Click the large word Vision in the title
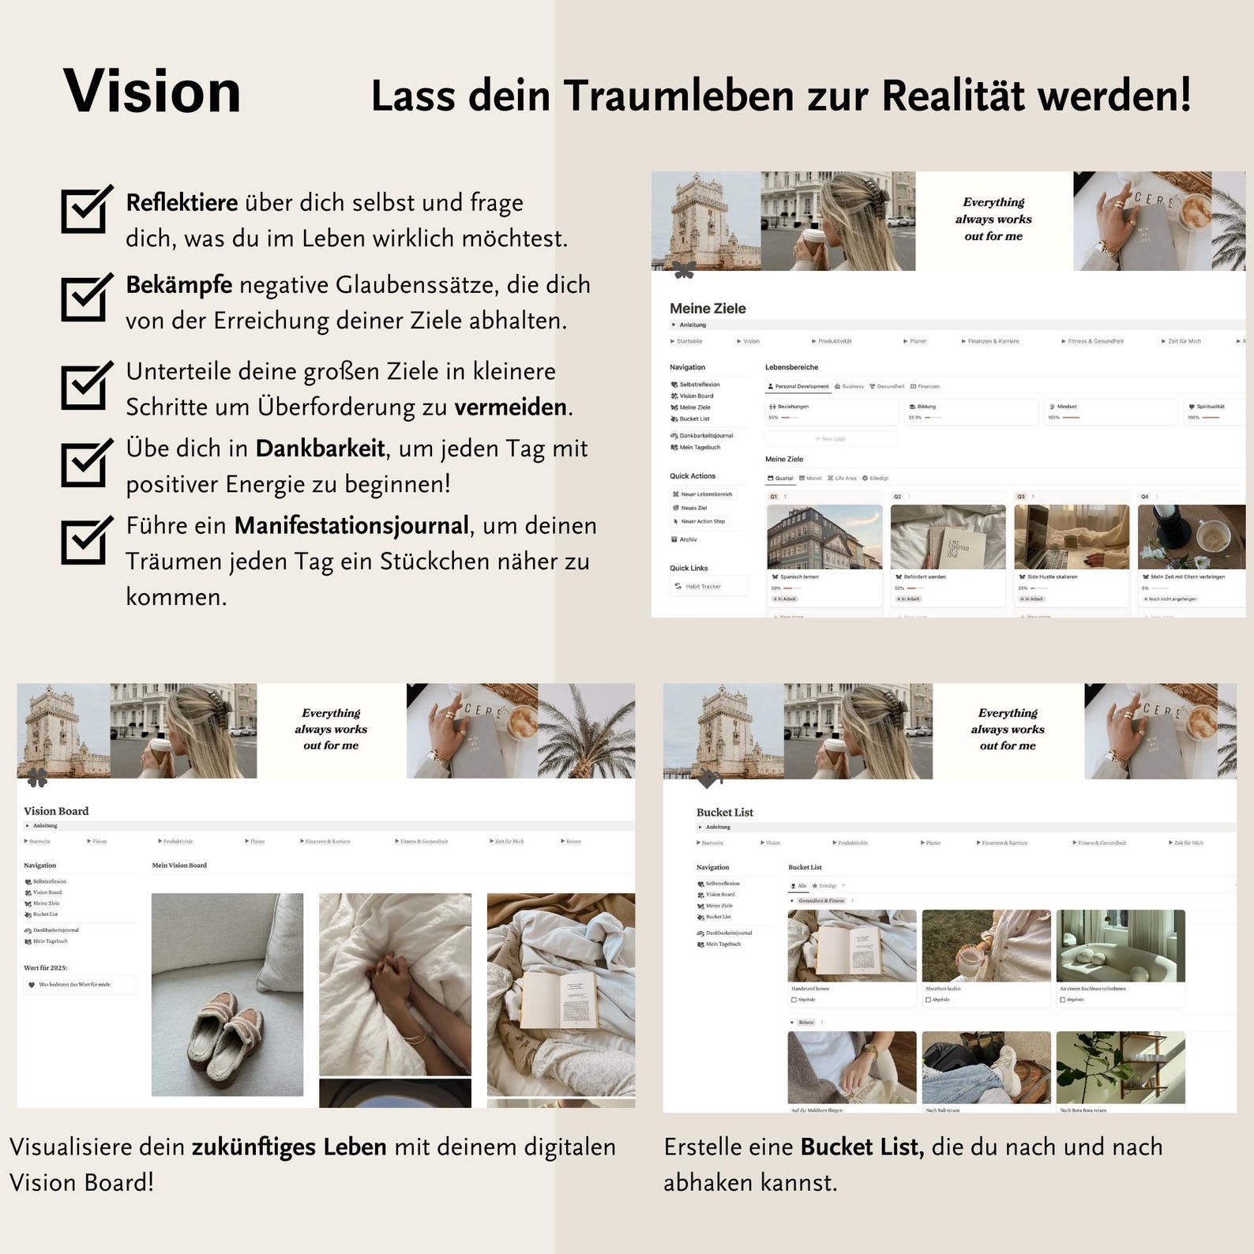(152, 91)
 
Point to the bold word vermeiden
(511, 407)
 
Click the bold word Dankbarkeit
(320, 449)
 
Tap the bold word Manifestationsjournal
(351, 526)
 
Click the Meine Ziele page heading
(708, 309)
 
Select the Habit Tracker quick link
(703, 586)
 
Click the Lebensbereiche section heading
(791, 367)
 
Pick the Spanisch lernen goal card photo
(824, 537)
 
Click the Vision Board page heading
(56, 811)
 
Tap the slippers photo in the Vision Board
(227, 994)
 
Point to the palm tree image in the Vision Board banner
(586, 730)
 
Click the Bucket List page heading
(724, 812)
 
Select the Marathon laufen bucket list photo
(986, 945)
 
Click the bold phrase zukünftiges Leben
(289, 1147)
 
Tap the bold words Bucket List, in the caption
(862, 1147)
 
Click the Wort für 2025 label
(46, 967)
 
